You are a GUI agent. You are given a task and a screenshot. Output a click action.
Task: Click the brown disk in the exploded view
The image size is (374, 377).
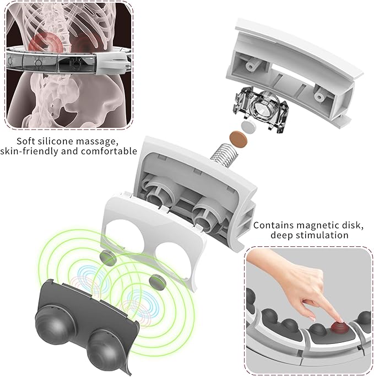click(238, 139)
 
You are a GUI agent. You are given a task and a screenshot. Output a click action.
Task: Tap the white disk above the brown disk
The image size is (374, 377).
click(248, 126)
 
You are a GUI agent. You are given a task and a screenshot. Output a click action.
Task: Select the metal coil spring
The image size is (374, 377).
click(224, 155)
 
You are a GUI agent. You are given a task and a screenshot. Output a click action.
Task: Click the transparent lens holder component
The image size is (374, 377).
click(261, 109)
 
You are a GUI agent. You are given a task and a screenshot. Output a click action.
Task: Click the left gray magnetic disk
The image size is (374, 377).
click(107, 257)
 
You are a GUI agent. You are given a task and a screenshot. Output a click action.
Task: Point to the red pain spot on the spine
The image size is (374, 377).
click(46, 43)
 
